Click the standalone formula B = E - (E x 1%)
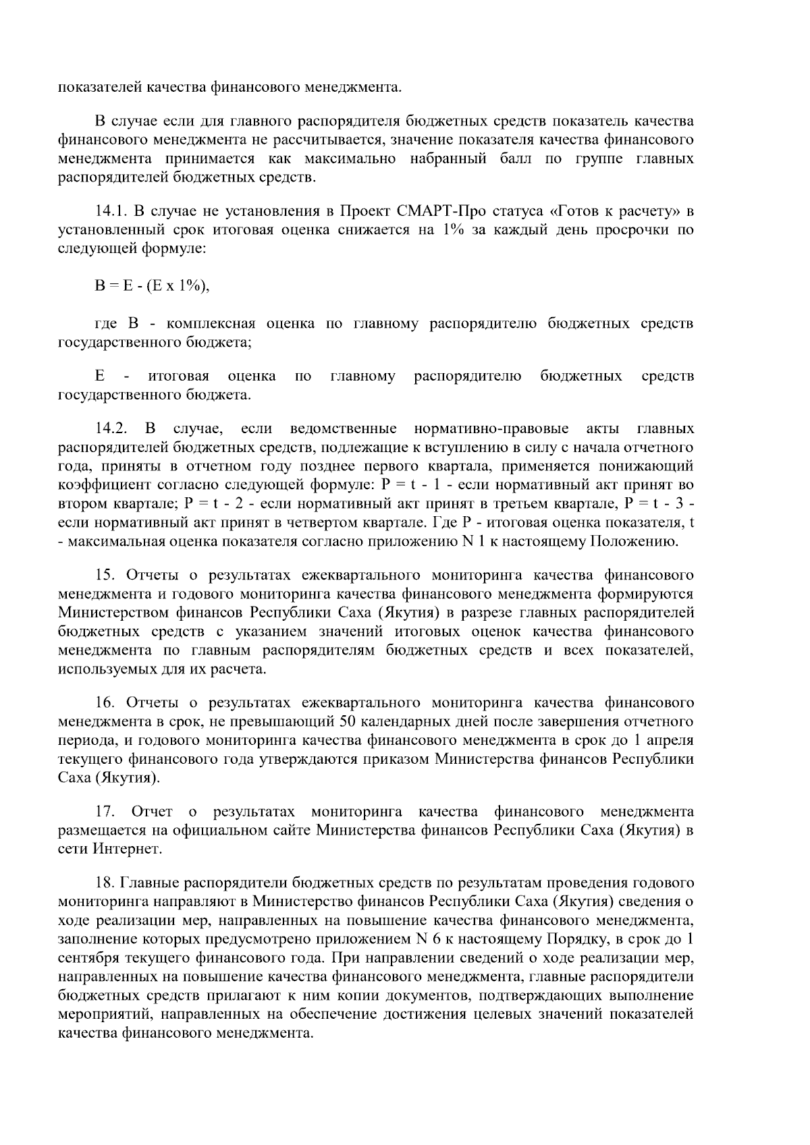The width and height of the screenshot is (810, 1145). (152, 286)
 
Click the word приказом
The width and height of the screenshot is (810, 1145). (398, 758)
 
